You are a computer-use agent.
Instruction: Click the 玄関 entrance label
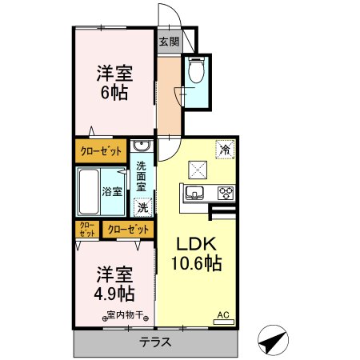coord(167,42)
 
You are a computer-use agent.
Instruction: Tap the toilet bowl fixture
coord(196,74)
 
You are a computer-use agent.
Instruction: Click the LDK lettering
coord(196,243)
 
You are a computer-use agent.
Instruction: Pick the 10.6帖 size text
coord(196,262)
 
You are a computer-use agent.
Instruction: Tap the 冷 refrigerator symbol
coord(225,149)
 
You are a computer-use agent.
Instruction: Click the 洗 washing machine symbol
coord(142,207)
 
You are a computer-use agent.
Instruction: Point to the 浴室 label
coord(113,192)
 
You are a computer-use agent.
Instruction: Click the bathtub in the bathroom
coord(90,191)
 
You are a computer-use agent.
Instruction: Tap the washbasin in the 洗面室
coord(142,146)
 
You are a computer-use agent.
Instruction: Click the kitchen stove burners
coord(226,193)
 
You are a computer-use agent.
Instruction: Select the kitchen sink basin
coord(196,193)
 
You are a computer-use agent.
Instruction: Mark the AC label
coord(224,316)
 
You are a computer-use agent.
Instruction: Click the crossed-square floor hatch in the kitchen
coord(197,169)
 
